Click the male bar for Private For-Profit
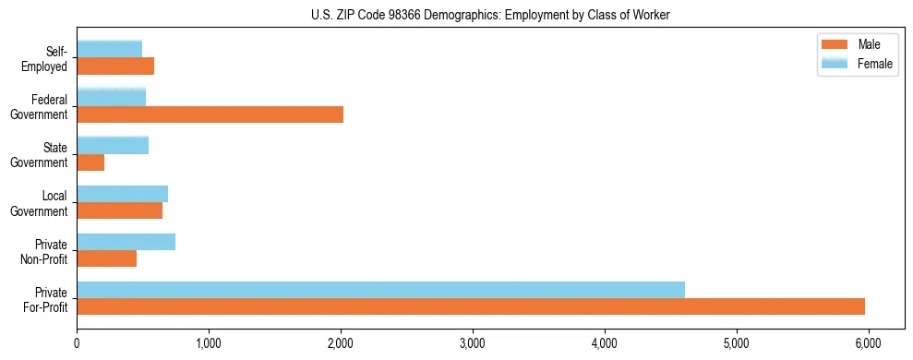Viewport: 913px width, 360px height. point(471,306)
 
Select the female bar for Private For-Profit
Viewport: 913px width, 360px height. point(380,290)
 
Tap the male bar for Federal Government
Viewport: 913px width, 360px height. point(210,114)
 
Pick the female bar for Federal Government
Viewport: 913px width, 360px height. point(111,97)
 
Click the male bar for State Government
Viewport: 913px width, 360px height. point(90,162)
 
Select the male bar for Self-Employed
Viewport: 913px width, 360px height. point(115,66)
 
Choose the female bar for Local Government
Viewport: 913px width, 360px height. point(122,194)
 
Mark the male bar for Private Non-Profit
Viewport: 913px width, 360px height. point(106,258)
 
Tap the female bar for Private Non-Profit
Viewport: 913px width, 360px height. point(126,242)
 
